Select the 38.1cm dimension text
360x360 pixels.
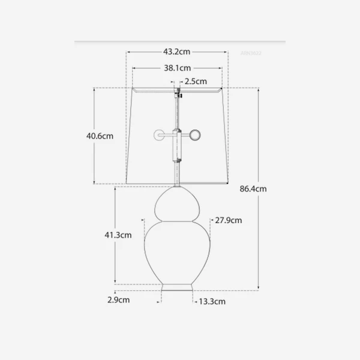(177, 68)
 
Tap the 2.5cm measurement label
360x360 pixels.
(196, 81)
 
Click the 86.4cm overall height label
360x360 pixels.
(253, 188)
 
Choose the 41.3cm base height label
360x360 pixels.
(118, 235)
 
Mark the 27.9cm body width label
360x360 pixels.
(229, 220)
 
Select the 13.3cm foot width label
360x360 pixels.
(212, 301)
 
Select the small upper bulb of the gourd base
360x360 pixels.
(178, 206)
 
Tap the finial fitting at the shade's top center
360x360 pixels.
(178, 93)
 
